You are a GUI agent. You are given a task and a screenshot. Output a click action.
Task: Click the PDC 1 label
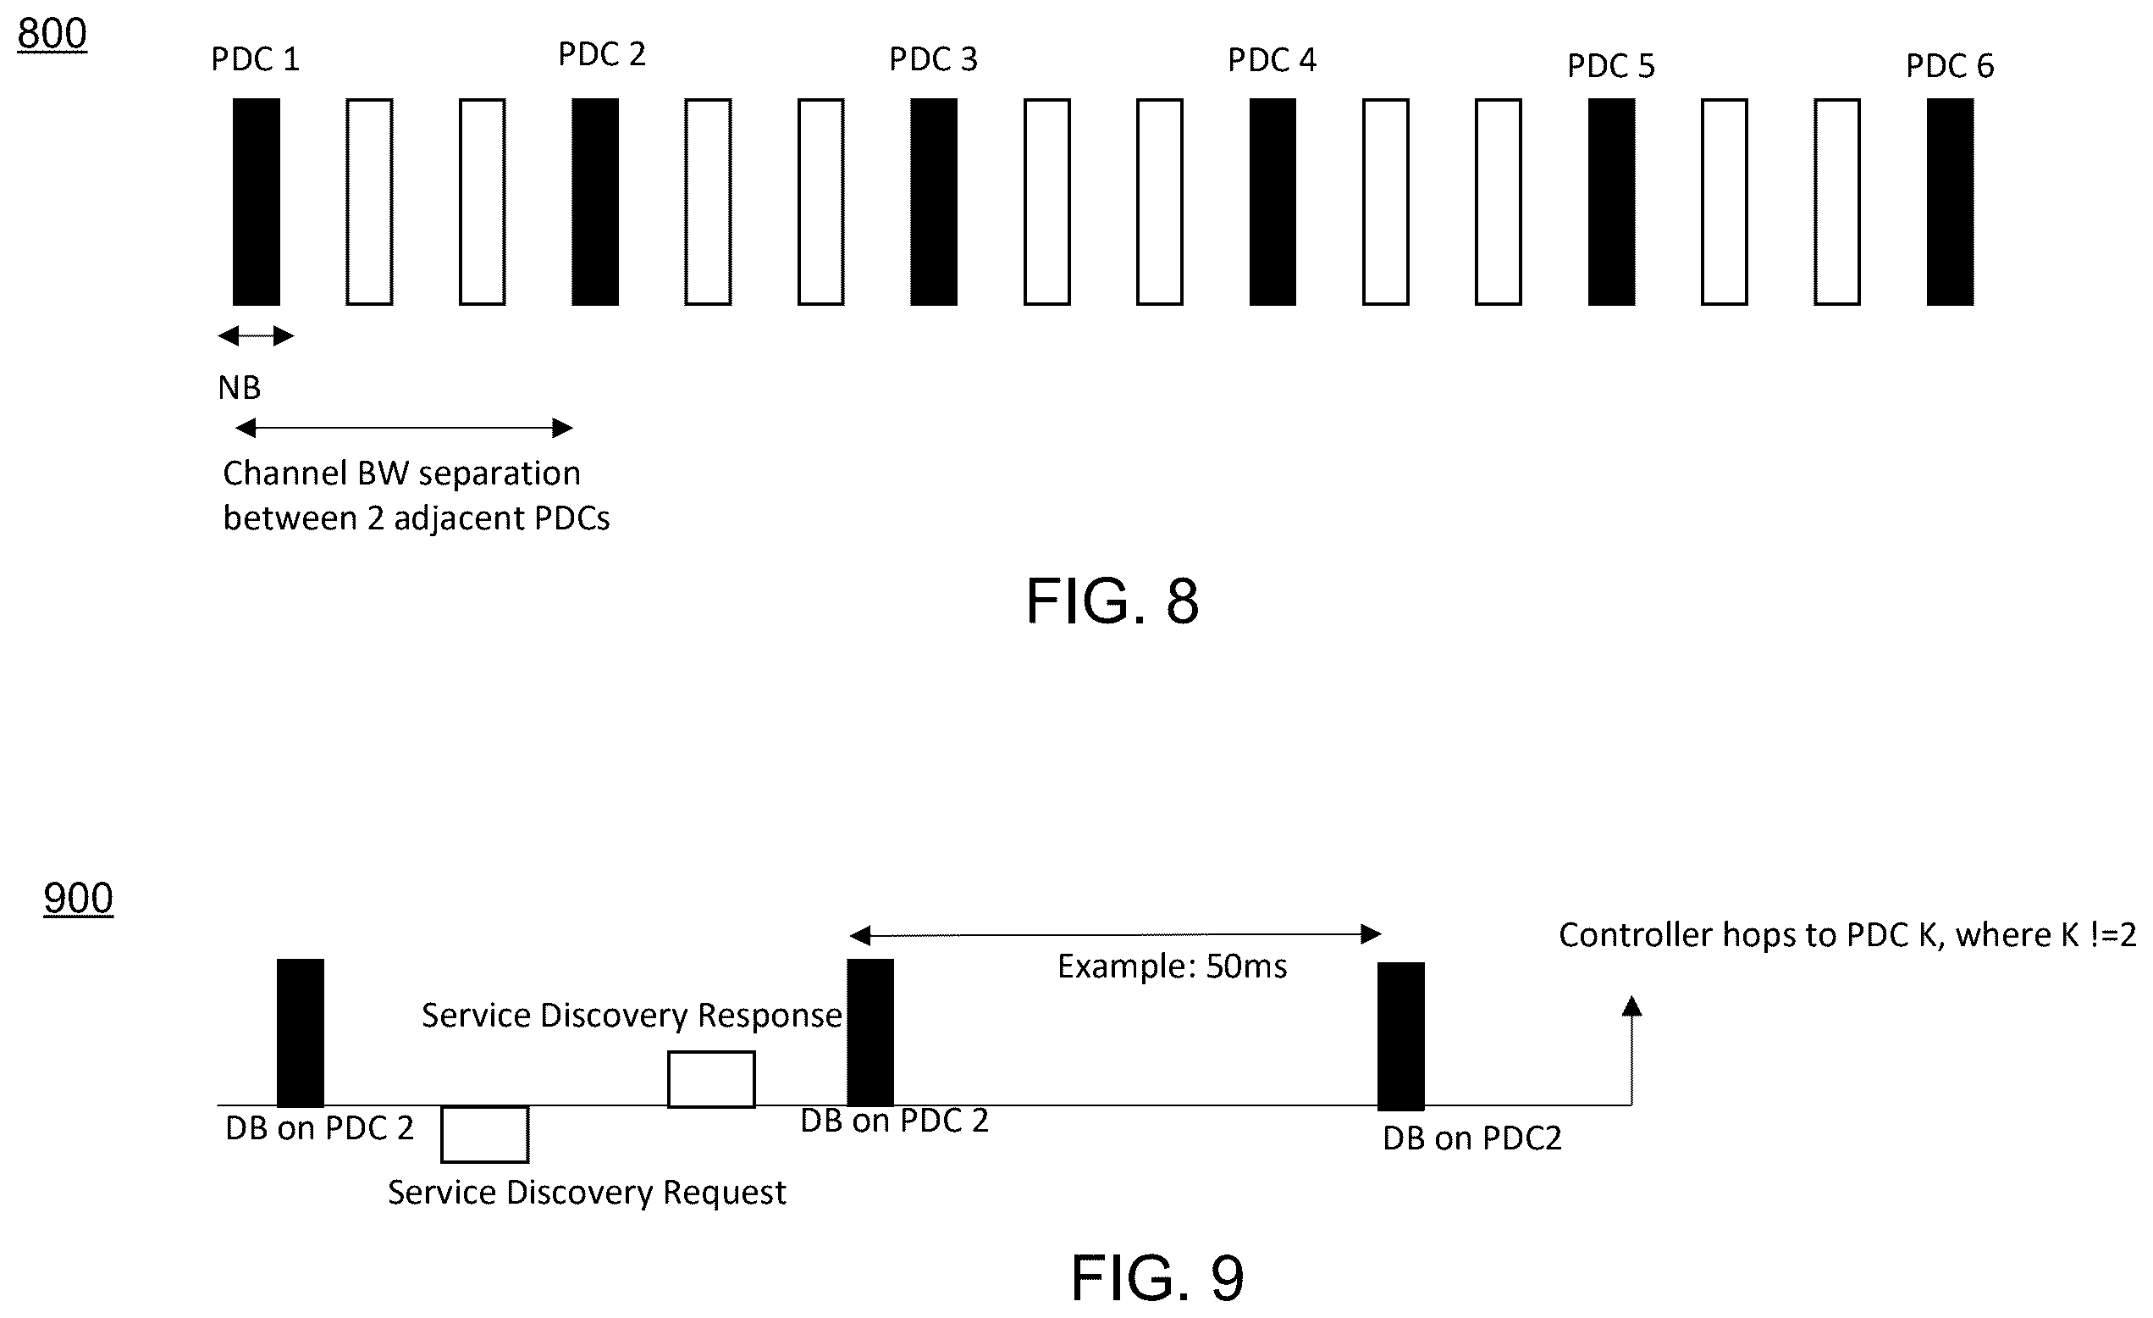[x=255, y=59]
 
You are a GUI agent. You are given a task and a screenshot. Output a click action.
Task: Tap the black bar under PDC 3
[x=933, y=202]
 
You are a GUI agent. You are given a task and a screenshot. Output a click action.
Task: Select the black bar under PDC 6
[x=1950, y=202]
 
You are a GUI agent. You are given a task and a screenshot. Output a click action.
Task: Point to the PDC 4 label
[x=1272, y=59]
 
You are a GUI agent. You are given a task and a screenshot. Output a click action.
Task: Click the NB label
[x=240, y=387]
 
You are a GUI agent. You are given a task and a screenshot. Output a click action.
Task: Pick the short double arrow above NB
[x=256, y=335]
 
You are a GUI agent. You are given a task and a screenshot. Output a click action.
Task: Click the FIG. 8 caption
[x=1112, y=601]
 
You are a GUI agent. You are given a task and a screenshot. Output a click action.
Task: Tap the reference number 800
[x=52, y=34]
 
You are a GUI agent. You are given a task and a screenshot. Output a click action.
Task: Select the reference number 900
[x=78, y=899]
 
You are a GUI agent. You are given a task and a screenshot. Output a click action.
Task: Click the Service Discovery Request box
[x=484, y=1134]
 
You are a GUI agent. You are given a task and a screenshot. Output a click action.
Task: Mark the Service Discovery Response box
[x=711, y=1079]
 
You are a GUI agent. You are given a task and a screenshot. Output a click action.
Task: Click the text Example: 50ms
[x=1172, y=966]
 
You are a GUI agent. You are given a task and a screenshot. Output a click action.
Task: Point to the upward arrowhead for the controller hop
[x=1631, y=1006]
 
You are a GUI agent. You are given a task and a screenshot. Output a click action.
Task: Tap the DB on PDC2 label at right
[x=1472, y=1138]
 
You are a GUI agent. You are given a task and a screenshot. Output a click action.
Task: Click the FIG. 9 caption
[x=1157, y=1278]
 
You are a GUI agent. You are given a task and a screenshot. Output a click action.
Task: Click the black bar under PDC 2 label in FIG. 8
[x=595, y=202]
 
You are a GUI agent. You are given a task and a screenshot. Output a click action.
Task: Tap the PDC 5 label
[x=1610, y=65]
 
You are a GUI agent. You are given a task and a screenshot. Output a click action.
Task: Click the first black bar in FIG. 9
[x=300, y=1033]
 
